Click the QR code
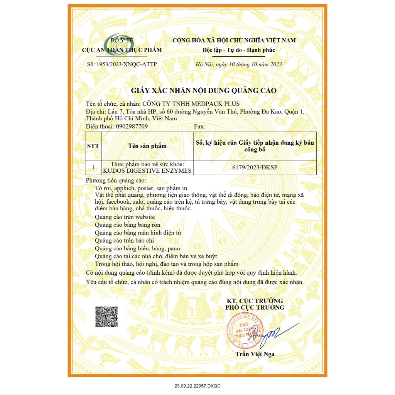pos(106,316)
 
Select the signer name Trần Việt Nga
pos(255,354)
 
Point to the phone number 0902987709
pos(132,126)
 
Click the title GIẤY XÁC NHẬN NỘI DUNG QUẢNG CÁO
pos(204,91)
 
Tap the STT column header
pos(93,146)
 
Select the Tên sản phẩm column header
pos(147,146)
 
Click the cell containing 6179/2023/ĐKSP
pos(255,167)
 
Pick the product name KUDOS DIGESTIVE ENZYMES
pos(147,171)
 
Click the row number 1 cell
pos(93,167)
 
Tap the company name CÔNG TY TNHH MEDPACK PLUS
pos(191,104)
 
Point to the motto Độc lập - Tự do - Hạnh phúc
pos(234,50)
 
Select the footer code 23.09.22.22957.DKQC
pos(197,386)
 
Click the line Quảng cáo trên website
pos(125,217)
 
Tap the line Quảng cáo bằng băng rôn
pos(127,225)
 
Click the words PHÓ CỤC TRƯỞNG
pos(255,307)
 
